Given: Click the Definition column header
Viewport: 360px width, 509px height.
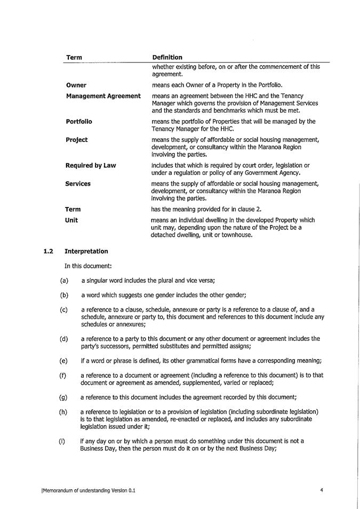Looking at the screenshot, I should coord(167,57).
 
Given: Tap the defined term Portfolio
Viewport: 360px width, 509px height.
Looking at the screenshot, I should coord(79,121).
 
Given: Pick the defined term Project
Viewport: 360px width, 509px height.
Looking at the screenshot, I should coord(76,140).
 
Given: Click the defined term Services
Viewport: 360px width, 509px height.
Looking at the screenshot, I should coord(78,184).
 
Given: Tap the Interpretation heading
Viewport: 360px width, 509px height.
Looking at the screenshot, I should coord(86,251).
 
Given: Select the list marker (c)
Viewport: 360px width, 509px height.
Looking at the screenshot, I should coord(64,309).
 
